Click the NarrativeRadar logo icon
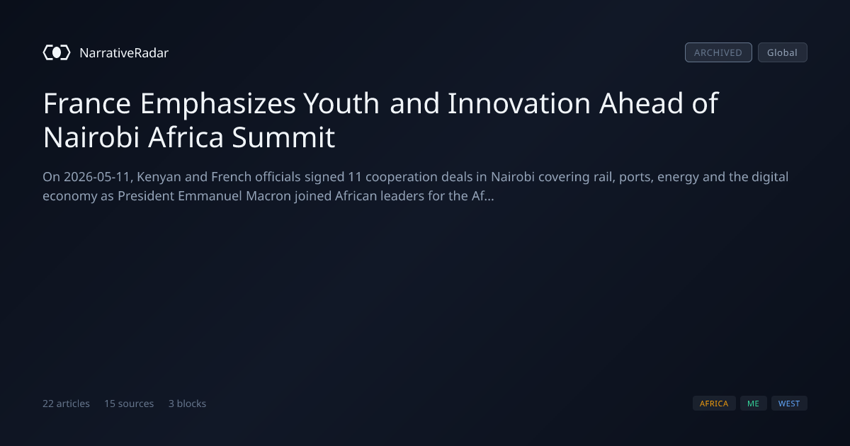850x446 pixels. tap(57, 52)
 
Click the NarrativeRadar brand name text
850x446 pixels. tap(124, 52)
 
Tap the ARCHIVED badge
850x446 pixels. tap(718, 52)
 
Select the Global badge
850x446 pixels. tap(783, 52)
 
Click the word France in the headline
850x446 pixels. tap(87, 103)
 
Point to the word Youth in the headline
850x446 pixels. tap(341, 103)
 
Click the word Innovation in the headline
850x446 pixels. tap(519, 103)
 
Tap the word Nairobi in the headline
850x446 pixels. tap(91, 137)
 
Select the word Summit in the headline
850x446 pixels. tap(283, 137)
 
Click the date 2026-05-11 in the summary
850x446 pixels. tap(97, 177)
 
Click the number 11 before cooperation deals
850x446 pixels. tap(355, 177)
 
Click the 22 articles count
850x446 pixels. tap(66, 404)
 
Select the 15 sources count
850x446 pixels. tap(129, 404)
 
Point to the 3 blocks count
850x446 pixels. tap(188, 404)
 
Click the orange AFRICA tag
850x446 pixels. tap(714, 404)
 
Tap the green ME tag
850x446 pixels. tap(753, 404)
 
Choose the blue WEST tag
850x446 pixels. tap(789, 404)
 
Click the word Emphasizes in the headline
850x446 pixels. tap(218, 104)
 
